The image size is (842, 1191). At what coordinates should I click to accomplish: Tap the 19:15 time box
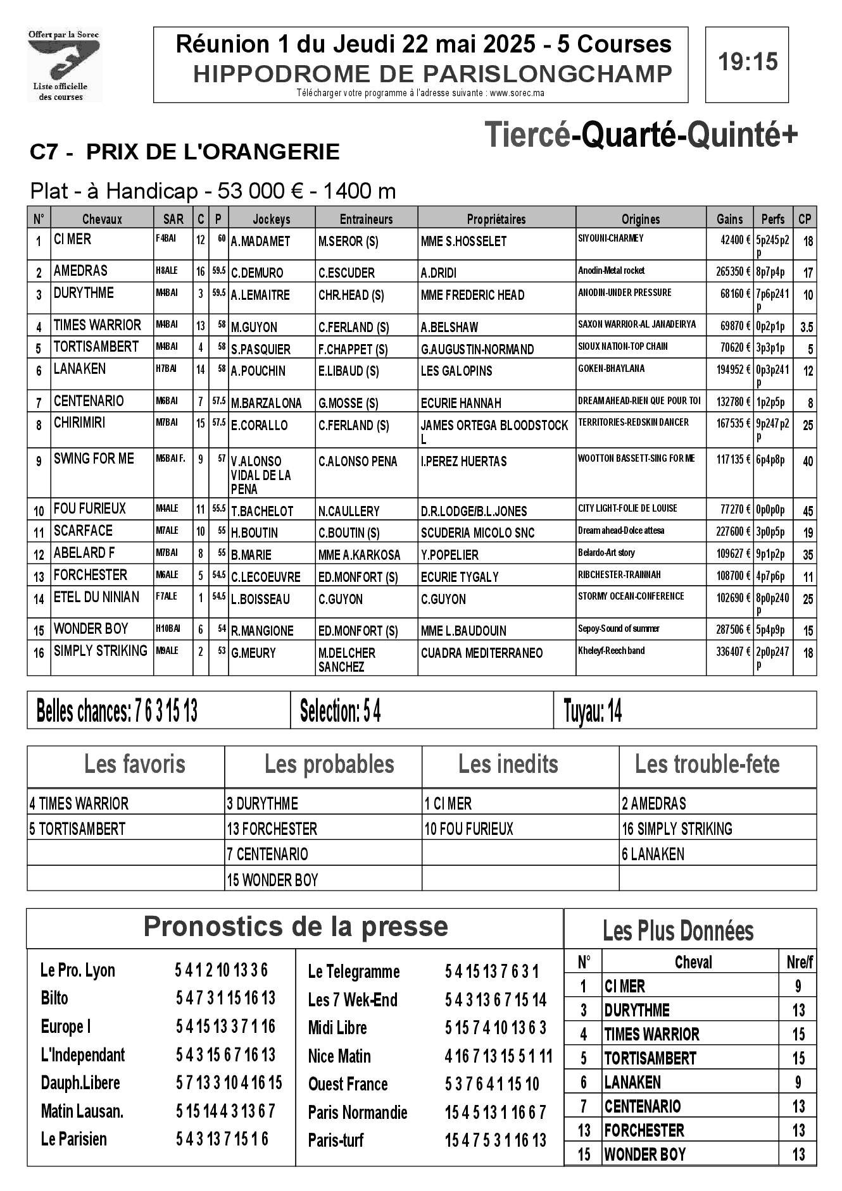click(x=747, y=63)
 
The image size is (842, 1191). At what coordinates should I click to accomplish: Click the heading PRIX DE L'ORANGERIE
click(x=213, y=152)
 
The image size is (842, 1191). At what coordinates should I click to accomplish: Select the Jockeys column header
click(x=271, y=219)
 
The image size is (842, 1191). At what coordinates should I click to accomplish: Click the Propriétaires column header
click(x=496, y=219)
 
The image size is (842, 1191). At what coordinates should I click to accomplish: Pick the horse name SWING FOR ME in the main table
click(x=94, y=459)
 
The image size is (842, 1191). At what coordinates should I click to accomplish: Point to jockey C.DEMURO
click(x=257, y=273)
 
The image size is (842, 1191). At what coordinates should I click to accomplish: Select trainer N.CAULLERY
click(x=349, y=511)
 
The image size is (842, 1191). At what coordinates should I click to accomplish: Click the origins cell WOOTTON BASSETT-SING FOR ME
click(x=636, y=459)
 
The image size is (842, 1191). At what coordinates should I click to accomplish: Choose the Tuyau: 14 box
click(x=593, y=712)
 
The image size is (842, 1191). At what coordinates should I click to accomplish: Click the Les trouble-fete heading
click(x=707, y=765)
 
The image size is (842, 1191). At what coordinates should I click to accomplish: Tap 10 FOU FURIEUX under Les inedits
click(x=468, y=829)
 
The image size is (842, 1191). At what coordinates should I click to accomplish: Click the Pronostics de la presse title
click(x=296, y=927)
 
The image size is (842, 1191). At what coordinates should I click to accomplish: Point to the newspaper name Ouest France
click(x=348, y=1084)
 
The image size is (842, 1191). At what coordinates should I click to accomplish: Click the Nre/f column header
click(x=799, y=963)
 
